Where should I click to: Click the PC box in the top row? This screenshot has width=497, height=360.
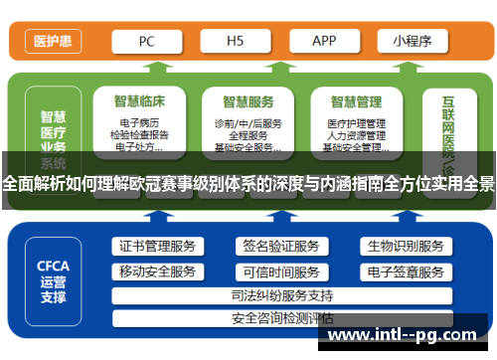145,42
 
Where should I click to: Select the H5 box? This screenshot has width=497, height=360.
235,42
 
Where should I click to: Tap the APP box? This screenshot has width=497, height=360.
324,42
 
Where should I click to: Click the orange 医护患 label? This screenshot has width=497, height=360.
51,42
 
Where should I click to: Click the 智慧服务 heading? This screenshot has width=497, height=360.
248,100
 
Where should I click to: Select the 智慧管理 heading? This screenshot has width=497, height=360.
356,100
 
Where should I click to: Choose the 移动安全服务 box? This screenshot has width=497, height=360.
157,271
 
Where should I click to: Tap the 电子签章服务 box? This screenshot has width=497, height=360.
405,271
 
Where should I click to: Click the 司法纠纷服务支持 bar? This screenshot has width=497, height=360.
281,295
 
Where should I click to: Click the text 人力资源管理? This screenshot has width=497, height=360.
356,135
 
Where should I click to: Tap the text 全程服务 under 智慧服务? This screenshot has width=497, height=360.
248,135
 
